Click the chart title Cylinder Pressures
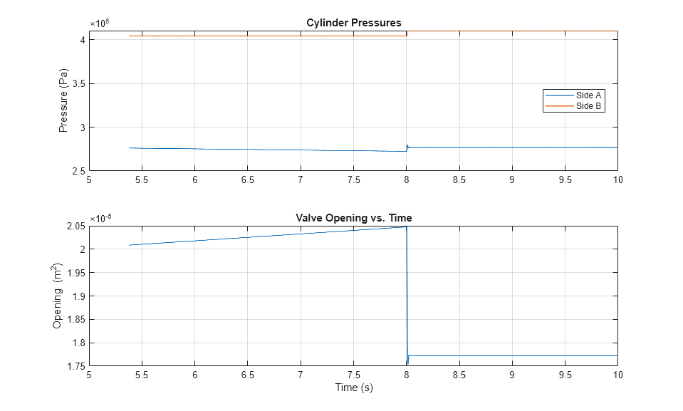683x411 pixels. pyautogui.click(x=353, y=24)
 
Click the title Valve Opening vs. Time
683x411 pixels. pyautogui.click(x=353, y=218)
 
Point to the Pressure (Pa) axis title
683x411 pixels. pyautogui.click(x=63, y=100)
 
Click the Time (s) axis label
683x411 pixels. pyautogui.click(x=353, y=387)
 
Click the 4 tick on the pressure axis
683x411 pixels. pyautogui.click(x=82, y=40)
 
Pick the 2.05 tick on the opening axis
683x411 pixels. pyautogui.click(x=74, y=226)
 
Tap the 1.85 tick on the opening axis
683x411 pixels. pyautogui.click(x=74, y=320)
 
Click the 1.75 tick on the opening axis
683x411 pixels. pyautogui.click(x=74, y=366)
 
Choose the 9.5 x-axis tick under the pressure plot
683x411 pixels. pyautogui.click(x=565, y=180)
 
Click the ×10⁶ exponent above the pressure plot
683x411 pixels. pyautogui.click(x=99, y=22)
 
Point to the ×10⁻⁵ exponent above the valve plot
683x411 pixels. pyautogui.click(x=100, y=217)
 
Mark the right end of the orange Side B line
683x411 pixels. pyautogui.click(x=406, y=36)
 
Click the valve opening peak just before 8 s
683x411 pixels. pyautogui.click(x=405, y=227)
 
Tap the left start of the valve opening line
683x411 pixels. pyautogui.click(x=129, y=245)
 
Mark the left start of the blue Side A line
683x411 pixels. pyautogui.click(x=129, y=147)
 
